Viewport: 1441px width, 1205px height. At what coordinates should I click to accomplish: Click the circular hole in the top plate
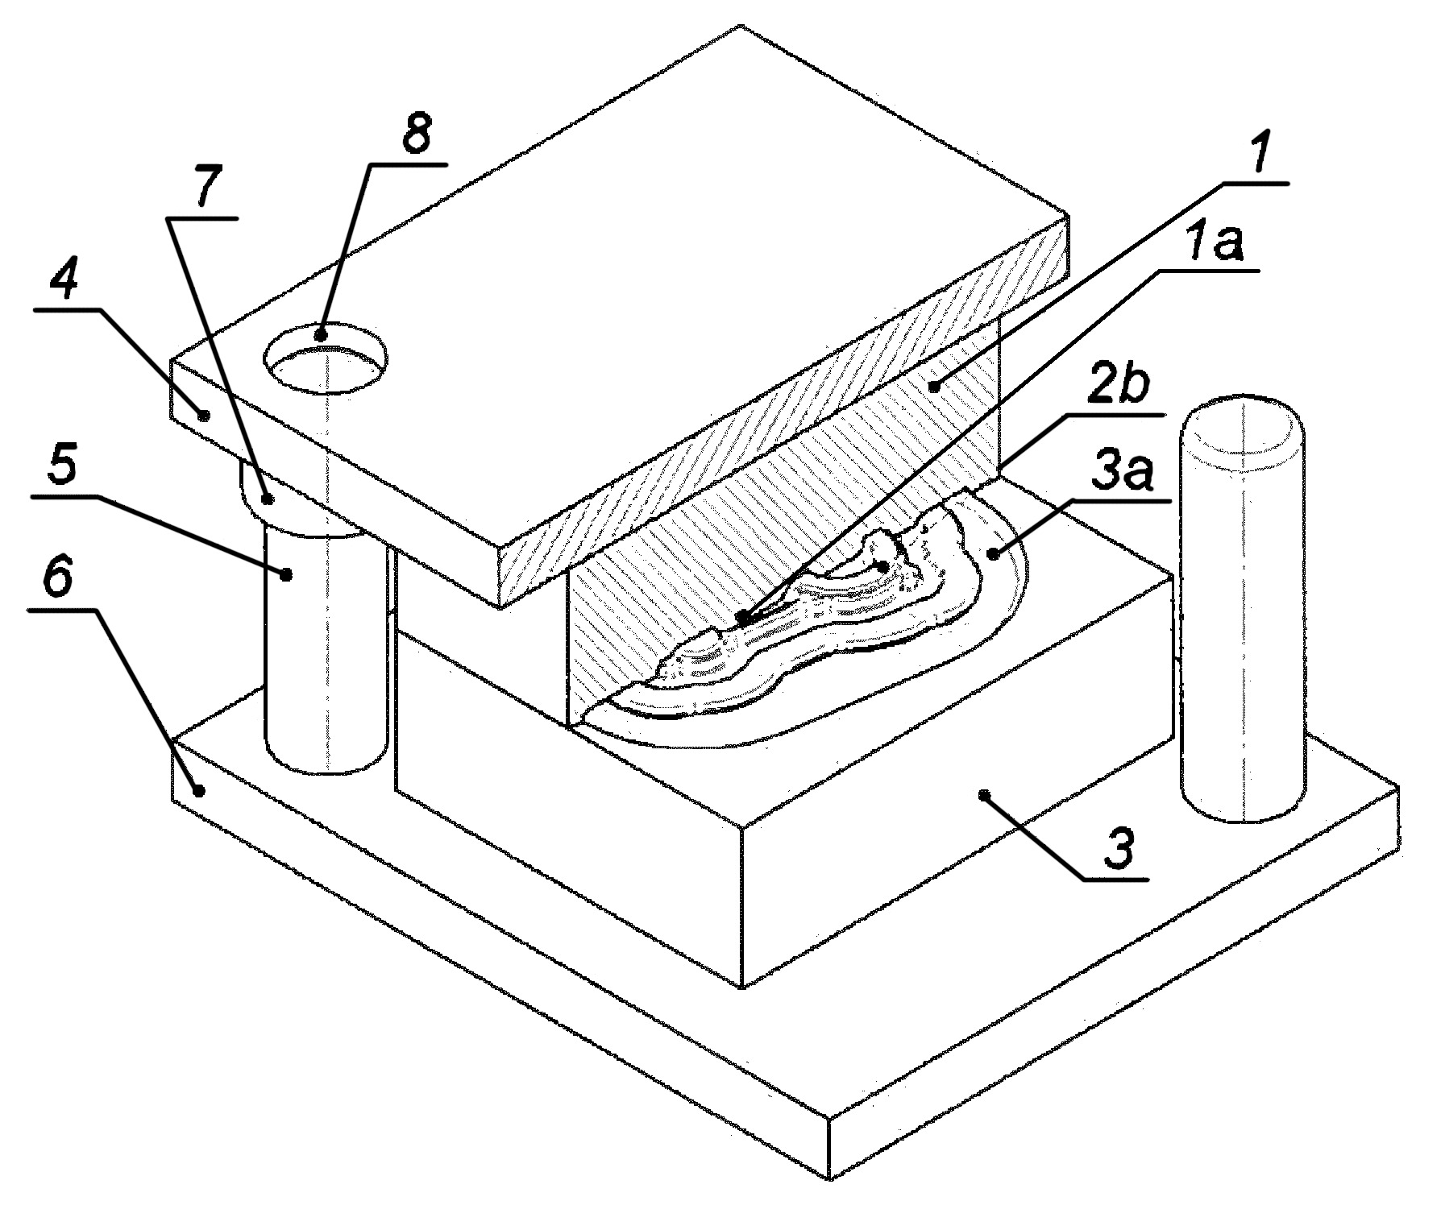pyautogui.click(x=326, y=358)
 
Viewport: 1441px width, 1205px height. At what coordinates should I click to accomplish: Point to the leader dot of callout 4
pyautogui.click(x=204, y=416)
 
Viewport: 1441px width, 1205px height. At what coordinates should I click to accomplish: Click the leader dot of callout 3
pyautogui.click(x=983, y=795)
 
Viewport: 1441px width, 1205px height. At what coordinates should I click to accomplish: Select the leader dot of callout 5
pyautogui.click(x=285, y=574)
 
